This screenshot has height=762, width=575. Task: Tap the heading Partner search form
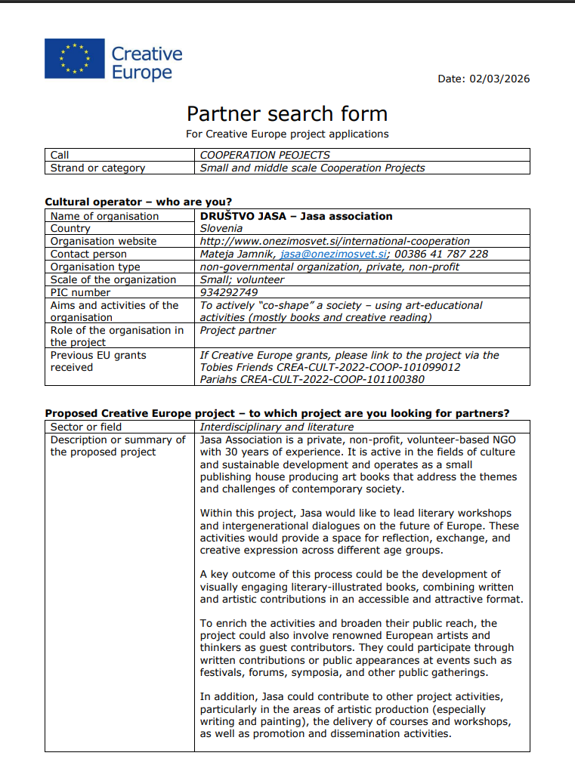point(287,114)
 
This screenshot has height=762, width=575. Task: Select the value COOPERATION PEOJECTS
point(265,155)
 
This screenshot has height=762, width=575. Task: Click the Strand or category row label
point(97,168)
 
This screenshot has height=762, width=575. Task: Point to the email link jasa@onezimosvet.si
point(334,255)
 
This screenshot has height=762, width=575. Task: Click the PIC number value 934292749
point(229,292)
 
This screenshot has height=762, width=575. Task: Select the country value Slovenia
point(221,228)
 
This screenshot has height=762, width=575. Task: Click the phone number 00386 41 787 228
point(441,255)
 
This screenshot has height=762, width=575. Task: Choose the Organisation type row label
point(95,267)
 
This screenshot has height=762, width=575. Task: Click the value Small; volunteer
point(243,279)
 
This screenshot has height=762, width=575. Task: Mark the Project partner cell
point(238,330)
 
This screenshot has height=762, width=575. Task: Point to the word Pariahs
point(218,379)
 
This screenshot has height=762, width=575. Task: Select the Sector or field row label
point(86,427)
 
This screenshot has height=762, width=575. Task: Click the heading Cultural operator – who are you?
point(138,202)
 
